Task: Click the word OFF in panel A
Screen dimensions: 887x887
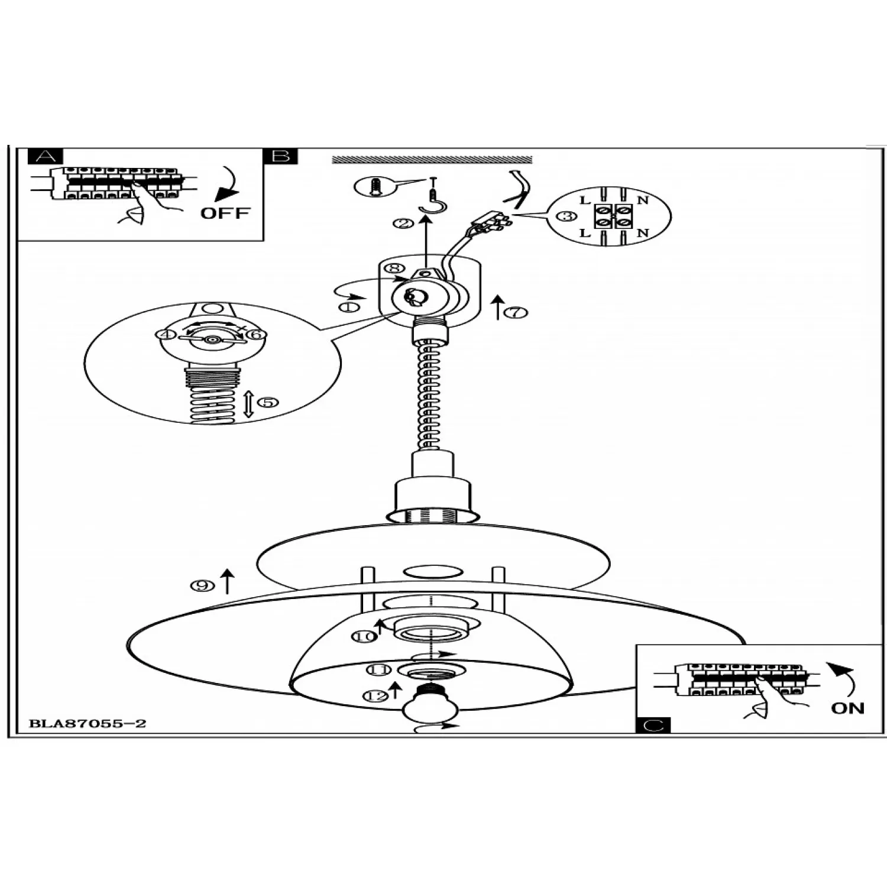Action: [x=225, y=213]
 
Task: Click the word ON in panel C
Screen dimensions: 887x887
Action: [x=847, y=708]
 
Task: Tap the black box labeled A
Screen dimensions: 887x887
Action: [x=45, y=156]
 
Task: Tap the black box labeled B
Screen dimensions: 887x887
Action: [x=281, y=156]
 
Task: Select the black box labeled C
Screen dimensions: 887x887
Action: [x=654, y=725]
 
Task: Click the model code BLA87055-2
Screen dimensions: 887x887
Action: [x=88, y=723]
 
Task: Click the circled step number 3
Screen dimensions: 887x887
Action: [x=567, y=216]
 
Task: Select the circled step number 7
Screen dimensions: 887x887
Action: [x=516, y=312]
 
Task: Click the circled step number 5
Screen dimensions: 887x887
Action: [x=268, y=402]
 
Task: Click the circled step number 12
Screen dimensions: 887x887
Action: [x=375, y=696]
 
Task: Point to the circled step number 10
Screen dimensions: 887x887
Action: [x=364, y=636]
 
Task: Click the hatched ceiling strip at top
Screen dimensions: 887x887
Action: [x=432, y=160]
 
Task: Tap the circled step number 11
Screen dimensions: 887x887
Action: [x=378, y=669]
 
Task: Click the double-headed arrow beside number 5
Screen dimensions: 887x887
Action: [x=248, y=403]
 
